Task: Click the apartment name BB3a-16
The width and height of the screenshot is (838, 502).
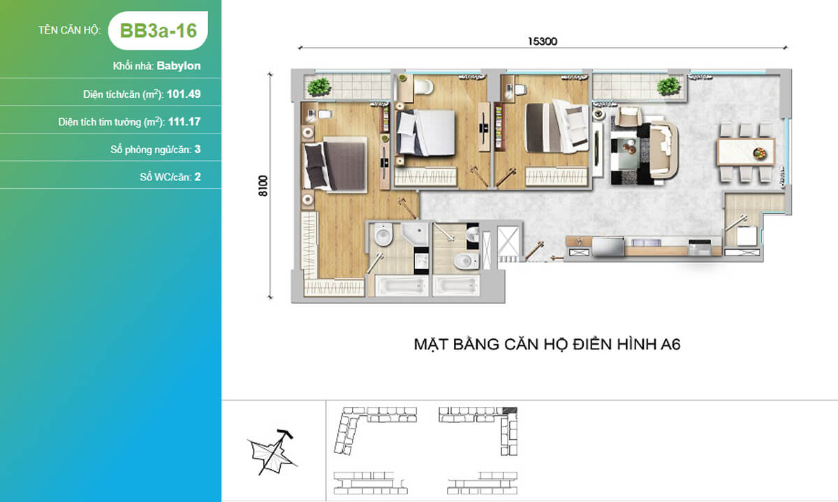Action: tap(159, 30)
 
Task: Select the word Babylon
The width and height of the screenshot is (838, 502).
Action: tap(179, 66)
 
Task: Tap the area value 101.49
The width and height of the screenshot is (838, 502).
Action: tap(184, 94)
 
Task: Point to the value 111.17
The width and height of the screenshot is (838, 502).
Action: tap(184, 122)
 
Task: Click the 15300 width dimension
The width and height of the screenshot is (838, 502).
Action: tap(542, 41)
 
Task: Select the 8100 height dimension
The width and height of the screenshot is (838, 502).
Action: tap(263, 185)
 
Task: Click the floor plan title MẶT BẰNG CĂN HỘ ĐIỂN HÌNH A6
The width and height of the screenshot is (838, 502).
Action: tap(547, 344)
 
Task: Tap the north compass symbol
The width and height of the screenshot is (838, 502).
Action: tap(272, 452)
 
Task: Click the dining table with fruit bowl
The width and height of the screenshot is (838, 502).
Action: tap(746, 152)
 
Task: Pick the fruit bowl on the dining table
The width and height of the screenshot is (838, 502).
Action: tap(760, 153)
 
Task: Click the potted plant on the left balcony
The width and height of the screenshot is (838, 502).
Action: tap(318, 87)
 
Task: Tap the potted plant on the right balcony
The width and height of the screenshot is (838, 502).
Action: tap(669, 86)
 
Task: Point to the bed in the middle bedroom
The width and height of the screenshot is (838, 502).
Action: tap(426, 132)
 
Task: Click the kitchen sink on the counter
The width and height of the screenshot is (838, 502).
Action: tap(608, 247)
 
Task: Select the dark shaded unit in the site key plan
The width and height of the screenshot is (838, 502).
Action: tap(510, 410)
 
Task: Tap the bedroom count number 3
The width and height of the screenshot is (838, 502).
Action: tap(198, 149)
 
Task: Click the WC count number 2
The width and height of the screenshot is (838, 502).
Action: tap(198, 177)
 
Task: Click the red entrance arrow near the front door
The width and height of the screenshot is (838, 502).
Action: tap(557, 258)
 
